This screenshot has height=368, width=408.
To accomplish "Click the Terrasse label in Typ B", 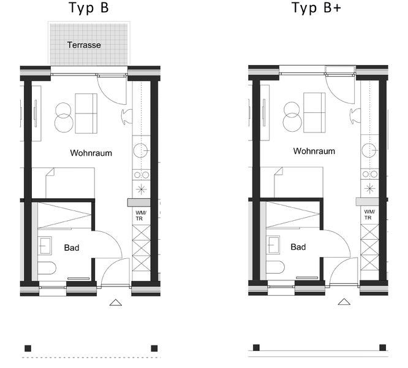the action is (84, 45).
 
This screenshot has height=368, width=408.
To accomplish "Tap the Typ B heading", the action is (88, 8).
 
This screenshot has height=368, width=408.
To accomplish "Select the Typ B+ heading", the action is (316, 8).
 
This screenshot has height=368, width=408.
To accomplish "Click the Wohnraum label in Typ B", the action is (91, 153).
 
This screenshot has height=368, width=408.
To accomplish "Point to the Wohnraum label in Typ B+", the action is (314, 151).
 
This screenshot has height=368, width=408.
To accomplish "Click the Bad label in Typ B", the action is (72, 248).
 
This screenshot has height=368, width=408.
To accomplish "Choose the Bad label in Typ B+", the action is (298, 247).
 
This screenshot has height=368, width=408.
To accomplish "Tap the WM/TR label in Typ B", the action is (141, 216).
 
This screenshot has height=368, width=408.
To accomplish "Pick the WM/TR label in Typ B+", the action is (369, 215).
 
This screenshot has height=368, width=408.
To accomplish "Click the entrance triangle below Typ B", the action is (116, 302).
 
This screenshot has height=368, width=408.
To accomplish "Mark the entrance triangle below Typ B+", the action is (344, 302).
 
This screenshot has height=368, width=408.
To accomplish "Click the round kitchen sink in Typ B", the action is (141, 150).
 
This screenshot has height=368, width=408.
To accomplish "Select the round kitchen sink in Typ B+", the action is (369, 150).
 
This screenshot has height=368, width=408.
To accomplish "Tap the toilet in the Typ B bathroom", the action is (47, 268).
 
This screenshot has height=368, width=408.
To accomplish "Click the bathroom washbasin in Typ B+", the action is (273, 245).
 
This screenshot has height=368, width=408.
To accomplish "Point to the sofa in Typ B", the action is (86, 113).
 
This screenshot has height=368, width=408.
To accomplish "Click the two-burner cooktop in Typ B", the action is (142, 175).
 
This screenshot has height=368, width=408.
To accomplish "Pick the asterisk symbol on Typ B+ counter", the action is (369, 188).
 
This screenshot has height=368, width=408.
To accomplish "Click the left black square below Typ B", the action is (28, 348).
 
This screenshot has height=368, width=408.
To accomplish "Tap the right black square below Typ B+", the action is (382, 347).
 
